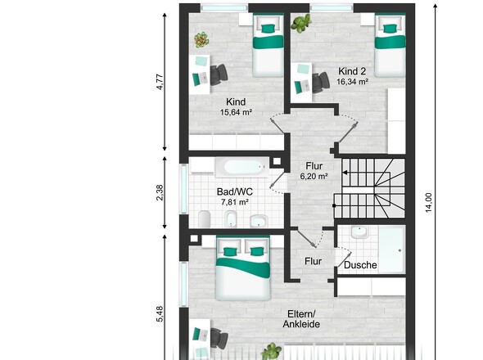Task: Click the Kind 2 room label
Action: [352, 71]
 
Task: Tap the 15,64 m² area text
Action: [237, 112]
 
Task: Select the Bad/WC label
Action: [235, 191]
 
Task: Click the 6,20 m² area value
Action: [314, 177]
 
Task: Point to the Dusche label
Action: [360, 265]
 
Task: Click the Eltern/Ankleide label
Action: [301, 319]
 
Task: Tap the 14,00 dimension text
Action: [429, 203]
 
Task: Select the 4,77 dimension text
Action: [160, 82]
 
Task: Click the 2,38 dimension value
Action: [160, 193]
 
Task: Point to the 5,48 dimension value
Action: [160, 314]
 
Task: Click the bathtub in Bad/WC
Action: [242, 167]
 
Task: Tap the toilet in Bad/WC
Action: [205, 218]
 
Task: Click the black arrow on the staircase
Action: [345, 173]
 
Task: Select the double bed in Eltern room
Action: [243, 268]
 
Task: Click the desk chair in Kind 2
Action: [321, 82]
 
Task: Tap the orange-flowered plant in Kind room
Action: [201, 40]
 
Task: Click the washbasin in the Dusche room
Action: [359, 232]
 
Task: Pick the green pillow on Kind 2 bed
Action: [390, 29]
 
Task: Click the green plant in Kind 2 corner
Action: [301, 23]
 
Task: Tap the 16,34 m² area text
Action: [352, 82]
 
